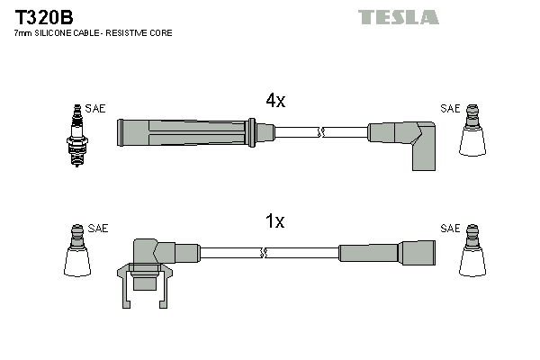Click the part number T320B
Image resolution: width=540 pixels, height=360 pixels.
coord(44,17)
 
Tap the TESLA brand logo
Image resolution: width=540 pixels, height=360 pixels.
coord(399,17)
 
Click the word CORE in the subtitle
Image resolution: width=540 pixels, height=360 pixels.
coord(161,33)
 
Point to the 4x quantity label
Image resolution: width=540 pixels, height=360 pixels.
coord(275,101)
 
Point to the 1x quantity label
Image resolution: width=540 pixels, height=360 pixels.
coord(274,220)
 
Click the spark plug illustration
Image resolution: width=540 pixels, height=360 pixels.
coord(77,136)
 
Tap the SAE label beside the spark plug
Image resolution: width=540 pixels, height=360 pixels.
coord(95,109)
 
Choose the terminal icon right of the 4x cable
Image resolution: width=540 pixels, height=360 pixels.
coord(472,130)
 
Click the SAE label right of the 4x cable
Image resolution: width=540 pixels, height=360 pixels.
coord(450,109)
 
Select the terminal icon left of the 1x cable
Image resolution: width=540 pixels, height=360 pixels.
coord(77,250)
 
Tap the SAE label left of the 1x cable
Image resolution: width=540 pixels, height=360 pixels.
coord(98,228)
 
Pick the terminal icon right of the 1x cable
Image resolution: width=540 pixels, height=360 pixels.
coord(472,250)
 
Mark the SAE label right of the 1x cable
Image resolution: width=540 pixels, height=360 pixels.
coord(450,228)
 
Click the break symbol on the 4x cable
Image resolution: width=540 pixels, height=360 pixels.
coord(321,132)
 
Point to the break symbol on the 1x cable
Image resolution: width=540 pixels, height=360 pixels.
coord(264,253)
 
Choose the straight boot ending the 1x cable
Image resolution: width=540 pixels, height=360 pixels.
coord(387,253)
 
